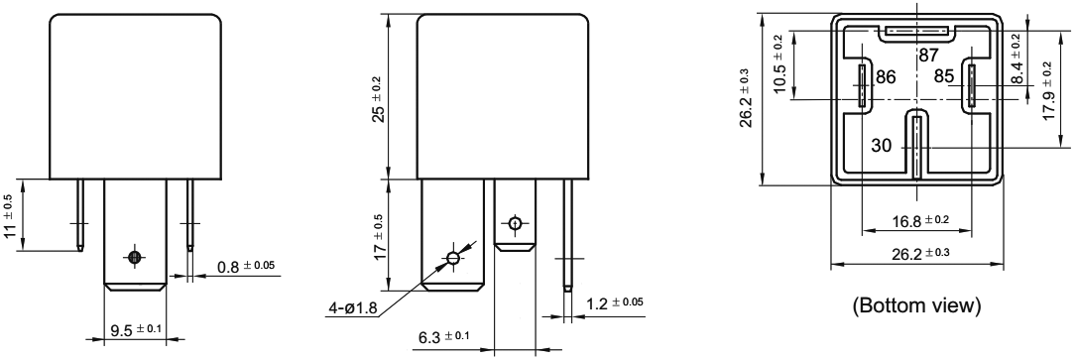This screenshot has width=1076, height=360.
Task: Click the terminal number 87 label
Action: [928, 56]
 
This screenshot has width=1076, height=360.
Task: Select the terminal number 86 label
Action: [886, 77]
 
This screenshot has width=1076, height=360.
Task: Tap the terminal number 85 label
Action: [943, 76]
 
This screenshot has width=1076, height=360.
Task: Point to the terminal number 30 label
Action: [882, 146]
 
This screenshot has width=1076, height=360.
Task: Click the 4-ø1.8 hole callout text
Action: [351, 307]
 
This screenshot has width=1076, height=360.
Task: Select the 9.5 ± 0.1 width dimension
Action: [136, 329]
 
